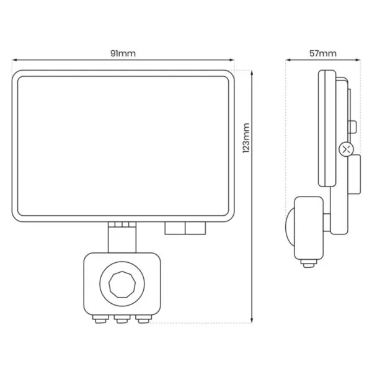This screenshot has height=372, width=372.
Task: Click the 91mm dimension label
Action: (123, 53)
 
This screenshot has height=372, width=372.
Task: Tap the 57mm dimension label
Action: (323, 53)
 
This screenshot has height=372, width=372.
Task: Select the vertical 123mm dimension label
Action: (246, 138)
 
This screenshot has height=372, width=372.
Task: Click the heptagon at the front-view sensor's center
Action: (122, 284)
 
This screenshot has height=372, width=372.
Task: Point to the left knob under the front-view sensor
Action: (100, 319)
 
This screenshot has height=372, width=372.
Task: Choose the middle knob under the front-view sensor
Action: (122, 319)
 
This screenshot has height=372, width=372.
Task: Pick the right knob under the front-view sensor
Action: (144, 319)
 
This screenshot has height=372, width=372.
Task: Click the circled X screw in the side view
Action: (347, 149)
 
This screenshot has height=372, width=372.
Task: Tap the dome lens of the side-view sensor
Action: (290, 227)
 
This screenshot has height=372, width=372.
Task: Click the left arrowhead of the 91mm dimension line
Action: (14, 60)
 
